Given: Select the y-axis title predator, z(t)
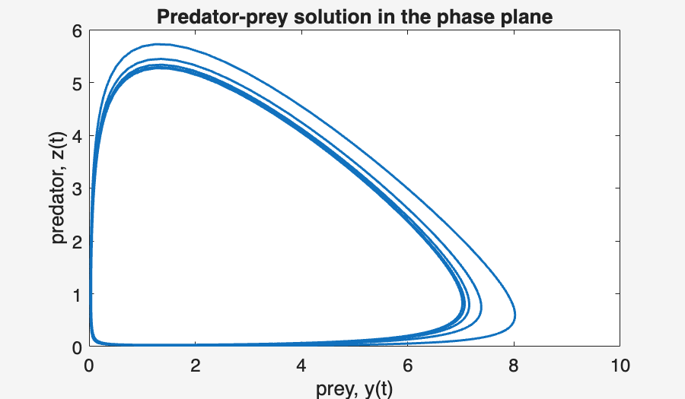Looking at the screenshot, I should [x=59, y=188].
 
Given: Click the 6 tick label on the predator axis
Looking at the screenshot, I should [x=76, y=30].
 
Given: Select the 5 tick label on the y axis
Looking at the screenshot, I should [x=76, y=83].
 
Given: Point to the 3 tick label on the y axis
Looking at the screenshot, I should [x=76, y=188].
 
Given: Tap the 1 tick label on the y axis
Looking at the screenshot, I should [x=76, y=294].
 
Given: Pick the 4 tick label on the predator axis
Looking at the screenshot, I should [x=76, y=136].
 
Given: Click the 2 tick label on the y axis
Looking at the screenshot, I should [x=76, y=242].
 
